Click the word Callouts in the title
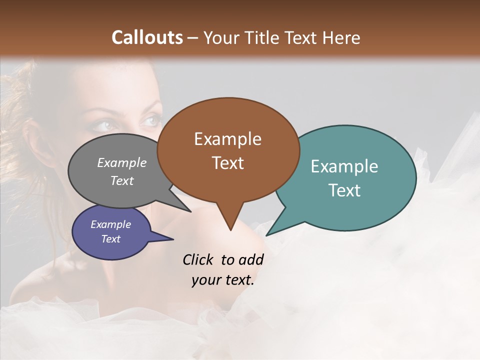click(x=147, y=37)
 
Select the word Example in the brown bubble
click(x=227, y=139)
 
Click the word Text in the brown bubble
click(x=227, y=163)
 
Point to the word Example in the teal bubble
click(x=344, y=166)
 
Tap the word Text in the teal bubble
click(x=344, y=190)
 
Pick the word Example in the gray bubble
click(x=122, y=163)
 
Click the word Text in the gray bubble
click(x=122, y=180)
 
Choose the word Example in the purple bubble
click(x=111, y=224)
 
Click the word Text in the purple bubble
click(x=111, y=239)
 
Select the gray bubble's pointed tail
click(x=187, y=210)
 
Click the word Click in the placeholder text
click(x=199, y=260)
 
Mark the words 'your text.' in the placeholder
click(x=223, y=280)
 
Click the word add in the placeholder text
click(x=251, y=260)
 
